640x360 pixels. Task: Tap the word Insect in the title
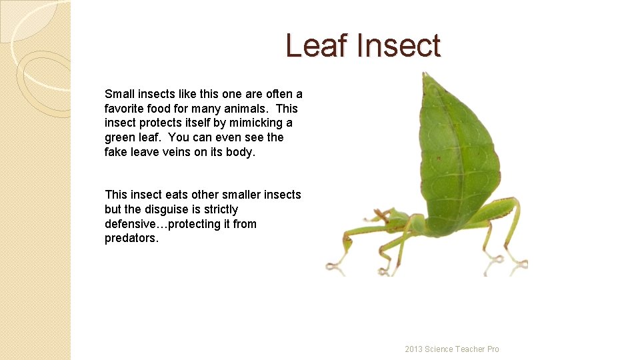(x=399, y=46)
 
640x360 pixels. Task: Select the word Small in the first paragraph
(x=119, y=94)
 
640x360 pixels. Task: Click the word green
(x=120, y=138)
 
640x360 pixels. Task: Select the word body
(x=241, y=153)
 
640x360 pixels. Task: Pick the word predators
(x=131, y=239)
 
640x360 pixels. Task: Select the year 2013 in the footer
(x=415, y=349)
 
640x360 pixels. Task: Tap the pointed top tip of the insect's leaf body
(x=425, y=74)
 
